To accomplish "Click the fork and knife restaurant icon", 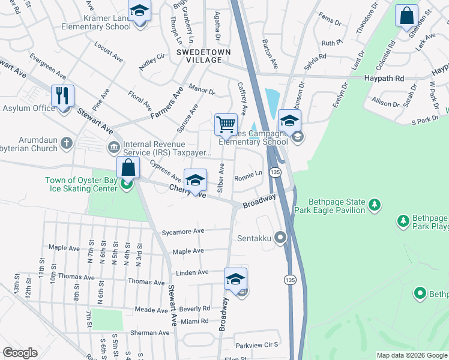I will click(x=62, y=95).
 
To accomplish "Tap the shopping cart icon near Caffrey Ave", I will click(x=226, y=125).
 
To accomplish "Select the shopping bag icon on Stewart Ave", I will click(x=128, y=167).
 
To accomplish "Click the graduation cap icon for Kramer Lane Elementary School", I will click(x=139, y=11).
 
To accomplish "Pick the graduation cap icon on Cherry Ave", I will click(x=195, y=180).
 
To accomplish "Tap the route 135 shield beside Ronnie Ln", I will click(x=274, y=172).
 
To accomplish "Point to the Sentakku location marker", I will click(x=280, y=238).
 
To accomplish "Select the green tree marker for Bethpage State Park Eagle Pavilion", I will click(x=375, y=206).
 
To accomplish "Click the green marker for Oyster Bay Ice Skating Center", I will click(x=126, y=183).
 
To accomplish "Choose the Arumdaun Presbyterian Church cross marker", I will click(x=66, y=143).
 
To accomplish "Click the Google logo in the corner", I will click(x=20, y=353).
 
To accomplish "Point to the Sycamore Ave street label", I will click(x=183, y=231).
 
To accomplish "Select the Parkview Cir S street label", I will click(x=257, y=345).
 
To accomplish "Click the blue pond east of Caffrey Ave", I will click(x=271, y=100).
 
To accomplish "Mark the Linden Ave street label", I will click(x=191, y=272).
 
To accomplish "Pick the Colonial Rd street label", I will click(x=387, y=56).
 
